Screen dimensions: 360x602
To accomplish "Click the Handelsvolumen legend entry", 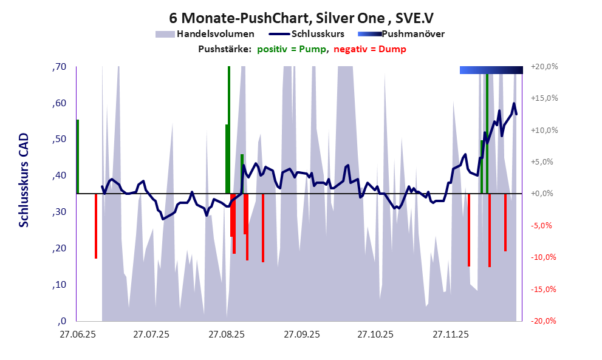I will click(x=216, y=34).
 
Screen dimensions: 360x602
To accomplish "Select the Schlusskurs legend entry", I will click(x=318, y=34).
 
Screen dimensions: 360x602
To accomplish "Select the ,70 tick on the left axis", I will click(x=59, y=67).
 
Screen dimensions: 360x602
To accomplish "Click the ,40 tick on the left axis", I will click(x=59, y=176).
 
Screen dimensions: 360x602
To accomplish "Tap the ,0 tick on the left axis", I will click(x=61, y=321).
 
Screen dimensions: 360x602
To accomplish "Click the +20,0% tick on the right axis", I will click(x=544, y=67).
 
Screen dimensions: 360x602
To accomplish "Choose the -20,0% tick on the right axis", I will click(x=544, y=321).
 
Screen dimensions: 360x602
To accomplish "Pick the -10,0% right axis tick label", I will click(x=544, y=257).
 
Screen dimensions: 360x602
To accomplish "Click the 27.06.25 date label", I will click(x=77, y=335).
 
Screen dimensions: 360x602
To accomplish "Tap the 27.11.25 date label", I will click(x=450, y=335).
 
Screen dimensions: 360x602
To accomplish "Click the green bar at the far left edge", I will click(x=78, y=157).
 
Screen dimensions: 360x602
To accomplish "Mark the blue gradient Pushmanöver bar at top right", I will click(x=491, y=70).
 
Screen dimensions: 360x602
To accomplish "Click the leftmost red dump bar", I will click(x=96, y=226).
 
